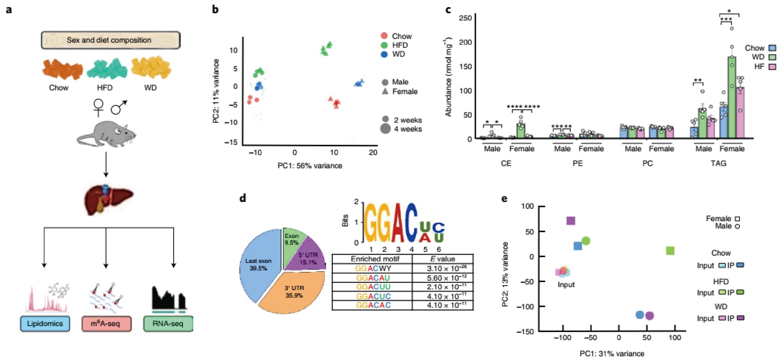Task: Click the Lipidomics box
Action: coord(45,323)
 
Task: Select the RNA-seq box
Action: coord(168,323)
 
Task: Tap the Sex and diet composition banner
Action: coord(111,40)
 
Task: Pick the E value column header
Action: coord(443,259)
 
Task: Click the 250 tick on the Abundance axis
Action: coord(465,18)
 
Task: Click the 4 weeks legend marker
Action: coord(385,129)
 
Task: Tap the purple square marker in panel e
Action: coord(571,221)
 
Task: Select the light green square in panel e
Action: coord(670,251)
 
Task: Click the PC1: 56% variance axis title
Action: coord(310,166)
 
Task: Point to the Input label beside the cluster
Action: coord(566,285)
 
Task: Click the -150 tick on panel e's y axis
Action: coord(527,331)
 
